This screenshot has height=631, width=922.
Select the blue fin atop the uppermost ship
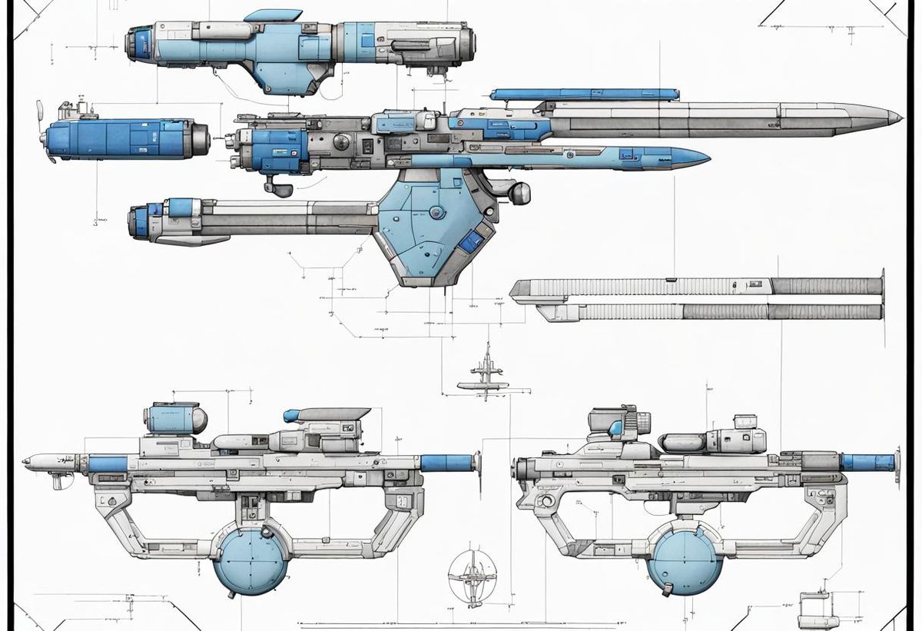[x=274, y=15]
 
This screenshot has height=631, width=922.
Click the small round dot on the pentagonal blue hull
[x=436, y=211]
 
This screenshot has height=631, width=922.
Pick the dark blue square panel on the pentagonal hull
[x=466, y=242]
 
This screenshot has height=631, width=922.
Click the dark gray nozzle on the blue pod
[x=201, y=138]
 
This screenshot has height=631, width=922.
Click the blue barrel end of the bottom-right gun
[x=867, y=462]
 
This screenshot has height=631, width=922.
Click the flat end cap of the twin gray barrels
[x=882, y=295]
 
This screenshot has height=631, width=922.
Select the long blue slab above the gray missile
[x=584, y=95]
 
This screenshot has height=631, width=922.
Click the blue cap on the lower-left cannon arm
[x=180, y=206]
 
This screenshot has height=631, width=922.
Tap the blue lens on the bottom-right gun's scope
[x=615, y=427]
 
